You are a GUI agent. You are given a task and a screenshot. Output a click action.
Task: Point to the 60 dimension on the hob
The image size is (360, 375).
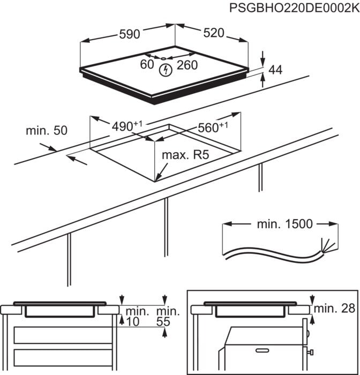147,65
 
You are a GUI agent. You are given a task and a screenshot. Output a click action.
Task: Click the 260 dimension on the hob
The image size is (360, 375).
187,65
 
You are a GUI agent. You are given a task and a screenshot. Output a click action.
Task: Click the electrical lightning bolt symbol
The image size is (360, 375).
166,69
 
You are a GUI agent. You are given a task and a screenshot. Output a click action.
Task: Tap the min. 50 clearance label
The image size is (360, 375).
46,131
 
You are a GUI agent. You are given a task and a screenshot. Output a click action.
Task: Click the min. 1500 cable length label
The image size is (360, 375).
283,224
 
